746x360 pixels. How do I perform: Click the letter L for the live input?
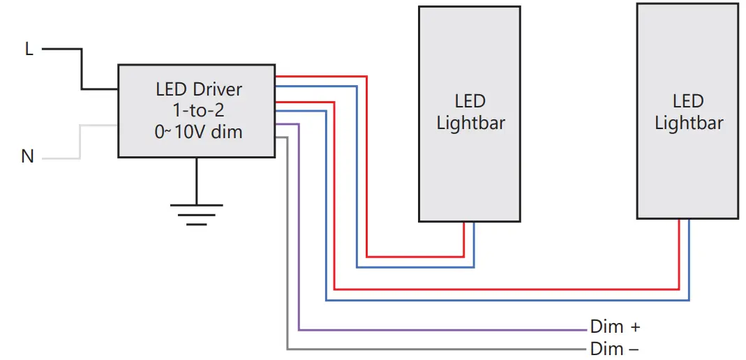point(29,50)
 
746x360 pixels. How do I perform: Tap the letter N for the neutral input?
point(28,156)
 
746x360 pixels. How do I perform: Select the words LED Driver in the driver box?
point(199,89)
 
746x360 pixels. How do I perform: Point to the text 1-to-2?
point(199,110)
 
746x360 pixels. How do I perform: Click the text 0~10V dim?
point(199,131)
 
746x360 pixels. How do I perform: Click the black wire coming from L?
point(82,70)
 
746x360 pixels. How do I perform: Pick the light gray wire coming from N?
point(80,143)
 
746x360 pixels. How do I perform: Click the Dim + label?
point(615,327)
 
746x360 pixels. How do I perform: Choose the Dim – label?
point(615,348)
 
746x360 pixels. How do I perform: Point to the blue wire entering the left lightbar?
point(474,244)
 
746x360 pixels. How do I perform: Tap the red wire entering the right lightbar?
point(679,251)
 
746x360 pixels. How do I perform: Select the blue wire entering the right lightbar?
point(689,258)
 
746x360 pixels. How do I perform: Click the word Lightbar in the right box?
point(689,123)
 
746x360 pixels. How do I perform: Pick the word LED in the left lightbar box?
point(470,102)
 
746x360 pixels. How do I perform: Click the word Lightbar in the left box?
point(470,123)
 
